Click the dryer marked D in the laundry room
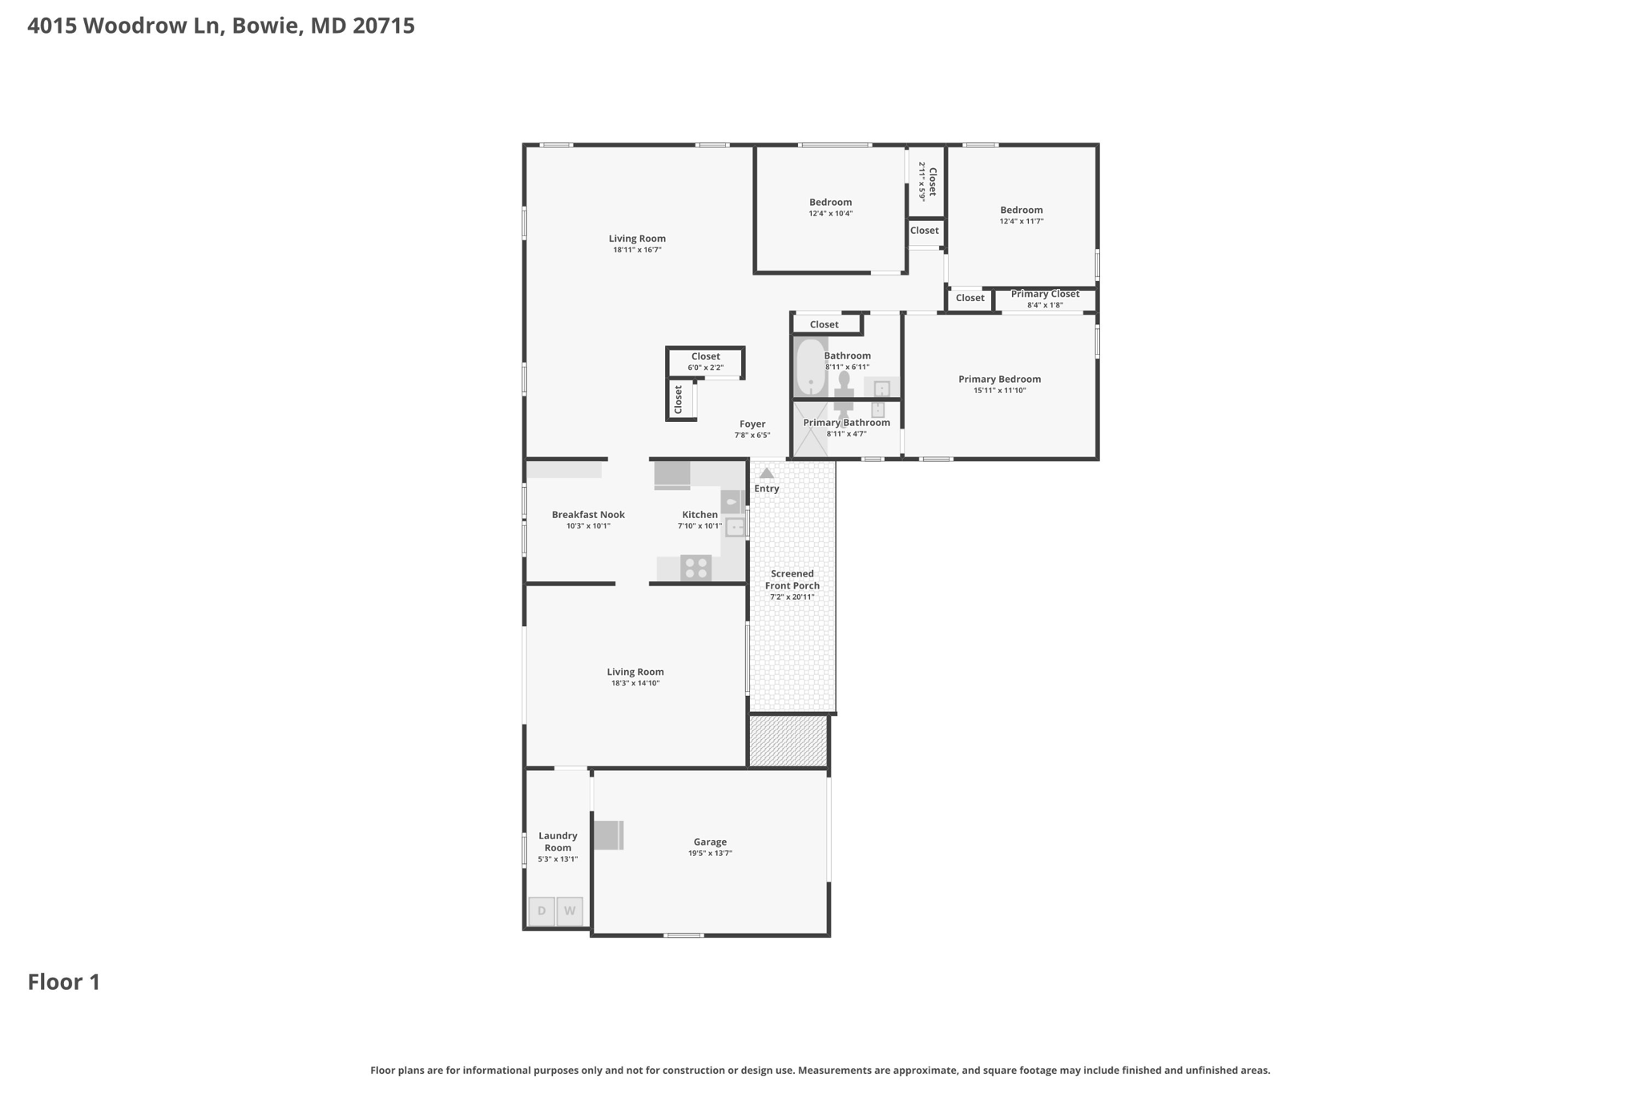(x=542, y=911)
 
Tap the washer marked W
(x=570, y=911)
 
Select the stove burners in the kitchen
(x=696, y=568)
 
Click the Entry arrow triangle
(x=767, y=473)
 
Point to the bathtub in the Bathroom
(x=811, y=368)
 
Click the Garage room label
(x=710, y=842)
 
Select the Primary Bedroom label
(x=1000, y=380)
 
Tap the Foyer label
(x=752, y=424)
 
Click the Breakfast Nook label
(x=588, y=515)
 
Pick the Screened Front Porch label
(x=792, y=580)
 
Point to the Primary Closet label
(x=1045, y=294)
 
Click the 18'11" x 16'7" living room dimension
(x=637, y=250)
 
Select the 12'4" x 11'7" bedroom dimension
(x=1022, y=221)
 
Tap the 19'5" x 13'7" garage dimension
(x=710, y=854)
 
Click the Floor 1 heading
(x=64, y=982)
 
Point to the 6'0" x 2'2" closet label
(x=705, y=368)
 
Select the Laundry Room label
(x=558, y=842)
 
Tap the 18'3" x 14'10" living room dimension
(x=635, y=683)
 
